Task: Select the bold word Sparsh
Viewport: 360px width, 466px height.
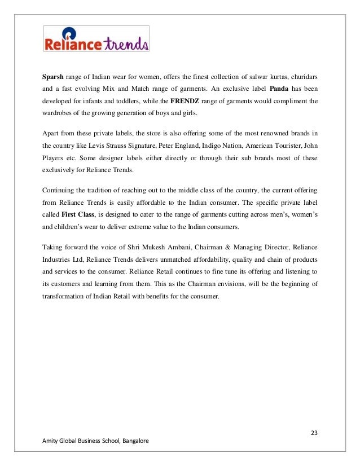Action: click(x=54, y=77)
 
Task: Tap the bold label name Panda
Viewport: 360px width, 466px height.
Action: click(x=280, y=89)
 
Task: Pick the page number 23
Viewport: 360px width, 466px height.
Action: click(x=314, y=433)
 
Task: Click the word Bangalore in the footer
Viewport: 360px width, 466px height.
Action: click(x=133, y=441)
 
